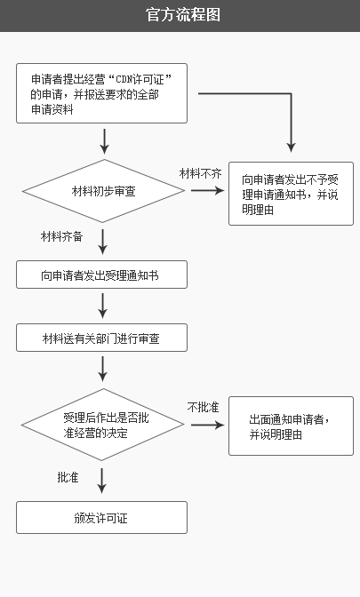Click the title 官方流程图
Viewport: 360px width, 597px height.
(183, 15)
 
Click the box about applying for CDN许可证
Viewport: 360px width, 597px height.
(101, 93)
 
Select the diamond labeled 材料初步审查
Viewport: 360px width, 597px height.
(104, 191)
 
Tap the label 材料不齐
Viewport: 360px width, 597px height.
(200, 173)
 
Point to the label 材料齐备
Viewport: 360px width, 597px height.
(61, 236)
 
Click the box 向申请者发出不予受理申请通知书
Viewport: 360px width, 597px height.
(291, 194)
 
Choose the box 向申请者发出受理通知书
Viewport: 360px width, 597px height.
(101, 275)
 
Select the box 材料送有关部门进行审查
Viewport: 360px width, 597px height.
(101, 338)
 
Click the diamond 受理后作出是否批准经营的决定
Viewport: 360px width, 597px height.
(103, 425)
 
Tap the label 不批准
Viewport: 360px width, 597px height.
(203, 408)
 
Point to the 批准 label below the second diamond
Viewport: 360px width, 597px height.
(68, 477)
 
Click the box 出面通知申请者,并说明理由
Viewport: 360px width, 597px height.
(291, 426)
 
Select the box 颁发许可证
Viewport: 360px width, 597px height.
(101, 517)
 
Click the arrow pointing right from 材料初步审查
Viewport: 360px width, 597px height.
(208, 190)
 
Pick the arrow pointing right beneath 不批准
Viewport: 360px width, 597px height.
(208, 425)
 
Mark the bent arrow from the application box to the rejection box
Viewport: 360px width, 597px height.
(291, 93)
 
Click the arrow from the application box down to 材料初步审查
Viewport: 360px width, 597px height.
(104, 141)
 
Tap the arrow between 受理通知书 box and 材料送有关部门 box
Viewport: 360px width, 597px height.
(102, 306)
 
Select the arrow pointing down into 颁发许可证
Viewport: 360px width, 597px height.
(101, 481)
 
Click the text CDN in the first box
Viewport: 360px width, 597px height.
(124, 80)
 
